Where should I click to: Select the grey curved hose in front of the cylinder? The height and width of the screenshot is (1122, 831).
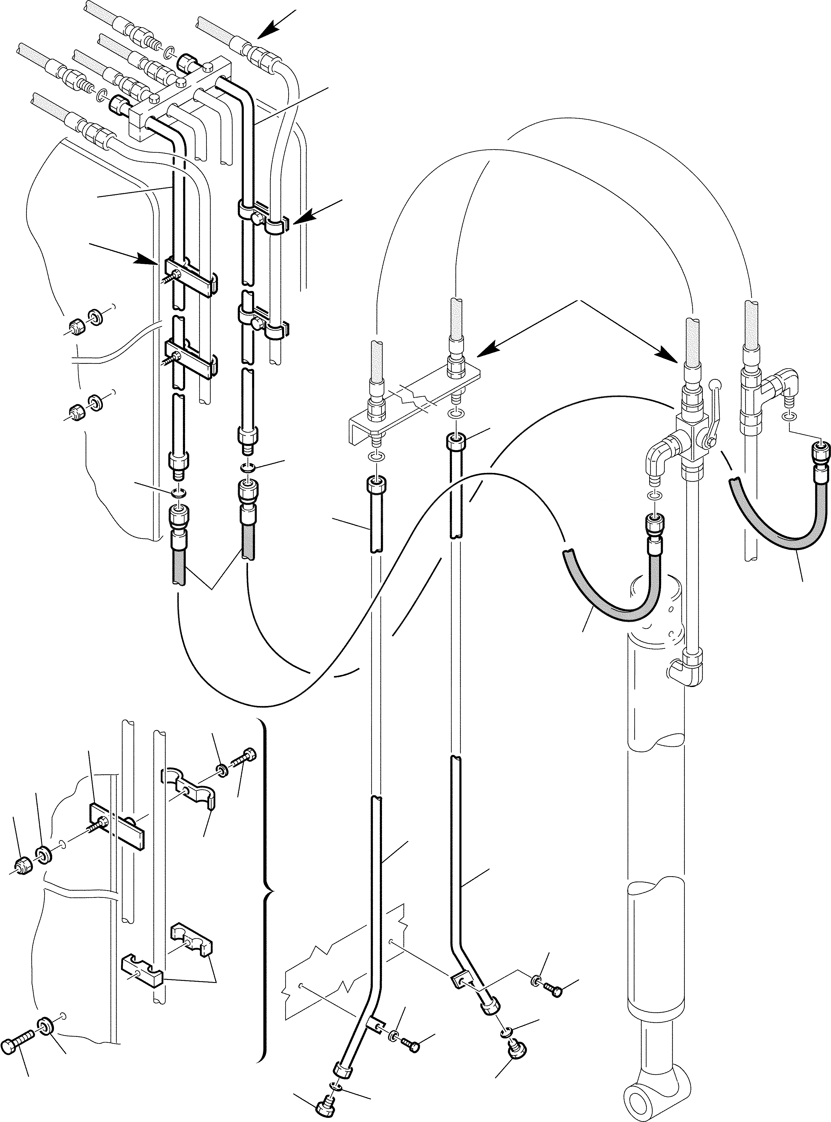(x=611, y=593)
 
